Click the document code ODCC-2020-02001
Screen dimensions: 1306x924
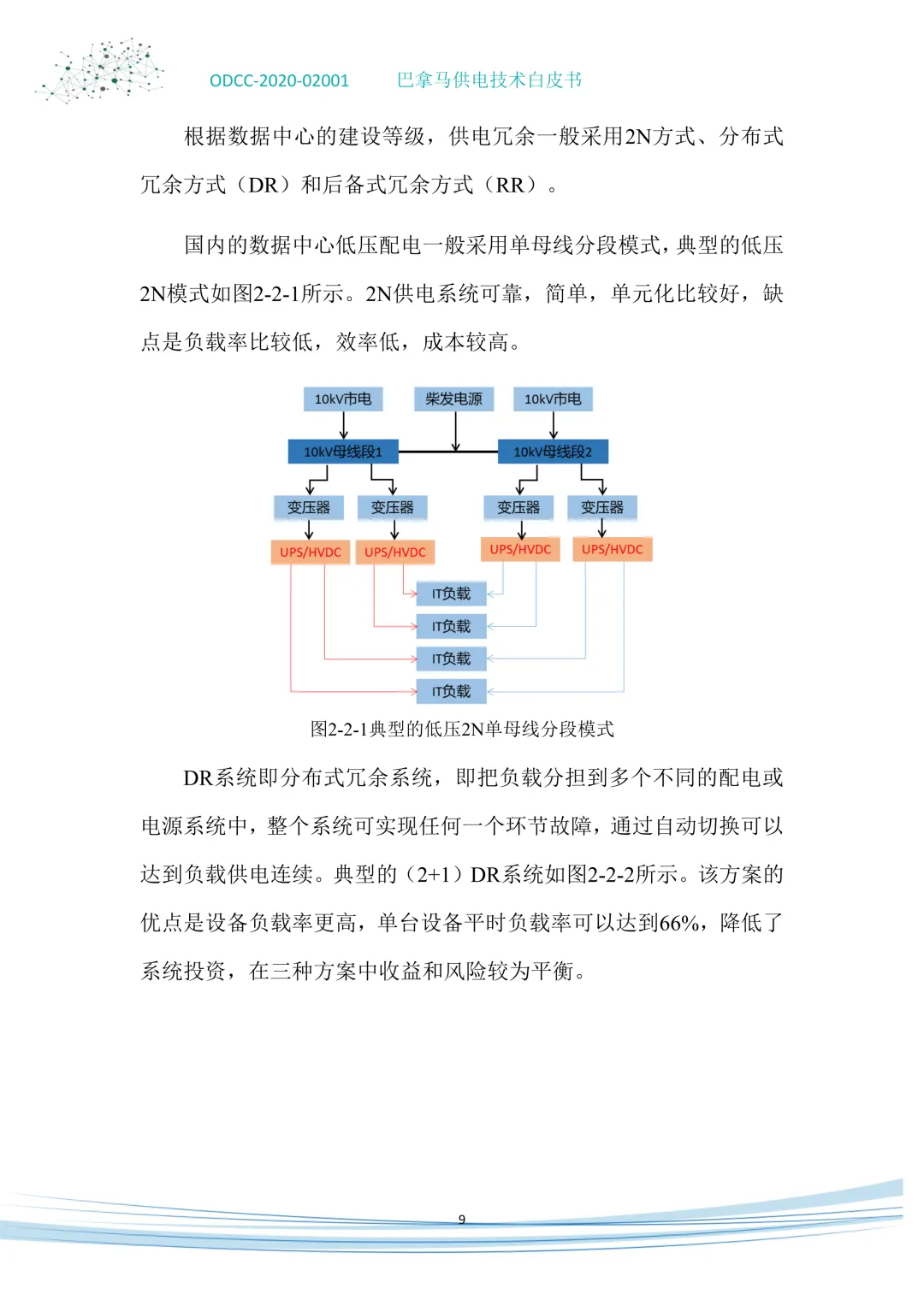click(x=279, y=81)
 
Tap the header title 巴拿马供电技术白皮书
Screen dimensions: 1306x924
click(x=489, y=80)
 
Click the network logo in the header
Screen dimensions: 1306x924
click(x=101, y=70)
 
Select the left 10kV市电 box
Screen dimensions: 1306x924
click(x=343, y=399)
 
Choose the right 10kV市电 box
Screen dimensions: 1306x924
click(x=553, y=399)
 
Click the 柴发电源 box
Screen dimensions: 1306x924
click(x=453, y=399)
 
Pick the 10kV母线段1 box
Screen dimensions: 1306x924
click(x=343, y=452)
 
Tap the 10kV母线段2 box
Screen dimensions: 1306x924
click(x=553, y=452)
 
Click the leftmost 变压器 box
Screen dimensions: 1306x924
click(x=309, y=508)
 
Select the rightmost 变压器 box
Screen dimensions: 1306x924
click(x=602, y=508)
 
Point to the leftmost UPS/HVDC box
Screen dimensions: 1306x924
click(x=310, y=553)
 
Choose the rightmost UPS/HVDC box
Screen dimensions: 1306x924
click(x=613, y=549)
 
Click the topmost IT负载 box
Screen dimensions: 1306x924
click(x=451, y=594)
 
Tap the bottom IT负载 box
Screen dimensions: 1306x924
click(x=451, y=691)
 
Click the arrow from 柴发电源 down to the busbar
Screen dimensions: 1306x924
click(x=455, y=432)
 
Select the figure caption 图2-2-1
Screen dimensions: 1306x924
click(x=462, y=730)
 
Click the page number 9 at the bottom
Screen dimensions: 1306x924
click(x=462, y=1220)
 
